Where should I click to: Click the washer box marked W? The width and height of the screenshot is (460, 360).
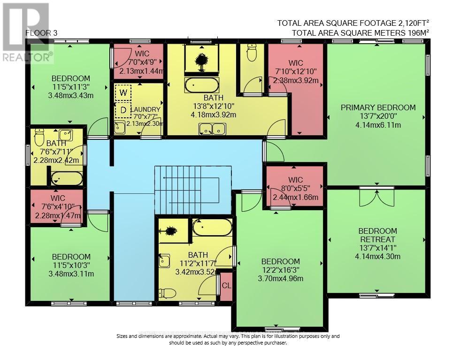(x=123, y=92)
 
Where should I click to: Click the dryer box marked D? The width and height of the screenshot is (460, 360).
(x=123, y=110)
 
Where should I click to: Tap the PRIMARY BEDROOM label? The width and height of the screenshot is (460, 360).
(x=378, y=107)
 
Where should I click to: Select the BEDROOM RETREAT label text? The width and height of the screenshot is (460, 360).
(x=377, y=235)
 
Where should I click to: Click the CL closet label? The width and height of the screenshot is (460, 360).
(x=226, y=285)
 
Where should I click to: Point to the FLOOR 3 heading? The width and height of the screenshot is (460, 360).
(x=41, y=32)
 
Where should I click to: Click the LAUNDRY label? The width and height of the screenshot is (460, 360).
(x=146, y=109)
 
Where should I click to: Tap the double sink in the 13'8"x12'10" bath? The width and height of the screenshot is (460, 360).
(x=213, y=128)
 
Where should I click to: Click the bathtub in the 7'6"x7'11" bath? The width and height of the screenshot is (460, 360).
(x=67, y=178)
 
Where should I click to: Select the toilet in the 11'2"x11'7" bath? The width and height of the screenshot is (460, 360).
(x=167, y=293)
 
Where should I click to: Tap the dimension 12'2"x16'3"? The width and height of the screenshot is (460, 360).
(x=280, y=270)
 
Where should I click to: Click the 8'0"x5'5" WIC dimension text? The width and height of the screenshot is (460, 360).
(x=296, y=188)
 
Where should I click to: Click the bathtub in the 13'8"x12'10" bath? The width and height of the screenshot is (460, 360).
(x=201, y=86)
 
